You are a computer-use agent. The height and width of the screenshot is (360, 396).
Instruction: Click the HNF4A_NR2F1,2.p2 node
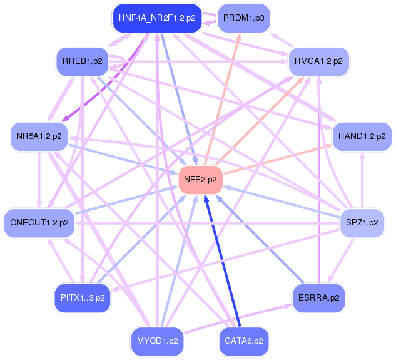pyautogui.click(x=156, y=18)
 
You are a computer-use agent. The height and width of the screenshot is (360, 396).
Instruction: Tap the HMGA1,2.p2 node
pyautogui.click(x=318, y=61)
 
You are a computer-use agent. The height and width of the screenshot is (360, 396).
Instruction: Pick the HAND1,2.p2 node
pyautogui.click(x=362, y=136)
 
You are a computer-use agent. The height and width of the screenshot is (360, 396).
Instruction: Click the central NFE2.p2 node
pyautogui.click(x=200, y=179)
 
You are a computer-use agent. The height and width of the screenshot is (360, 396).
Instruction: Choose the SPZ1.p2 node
pyautogui.click(x=362, y=222)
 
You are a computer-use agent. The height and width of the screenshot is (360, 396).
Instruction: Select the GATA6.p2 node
pyautogui.click(x=243, y=342)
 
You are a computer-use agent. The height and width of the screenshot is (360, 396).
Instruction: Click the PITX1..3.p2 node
pyautogui.click(x=83, y=297)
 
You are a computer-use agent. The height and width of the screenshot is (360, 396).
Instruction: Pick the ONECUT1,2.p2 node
pyautogui.click(x=39, y=222)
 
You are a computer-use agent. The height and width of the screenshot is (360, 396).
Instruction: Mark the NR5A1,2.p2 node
pyautogui.click(x=39, y=136)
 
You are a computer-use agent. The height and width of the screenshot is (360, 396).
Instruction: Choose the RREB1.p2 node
pyautogui.click(x=82, y=61)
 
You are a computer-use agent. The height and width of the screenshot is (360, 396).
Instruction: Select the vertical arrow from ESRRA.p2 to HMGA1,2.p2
pyautogui.click(x=320, y=182)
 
